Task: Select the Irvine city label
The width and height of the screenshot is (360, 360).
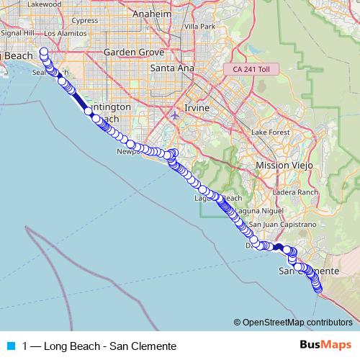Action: click(x=197, y=107)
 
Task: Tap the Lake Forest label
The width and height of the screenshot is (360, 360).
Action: click(x=269, y=133)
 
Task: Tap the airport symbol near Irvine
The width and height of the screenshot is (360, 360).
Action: click(x=176, y=114)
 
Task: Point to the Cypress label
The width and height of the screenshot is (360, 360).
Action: click(x=85, y=20)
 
